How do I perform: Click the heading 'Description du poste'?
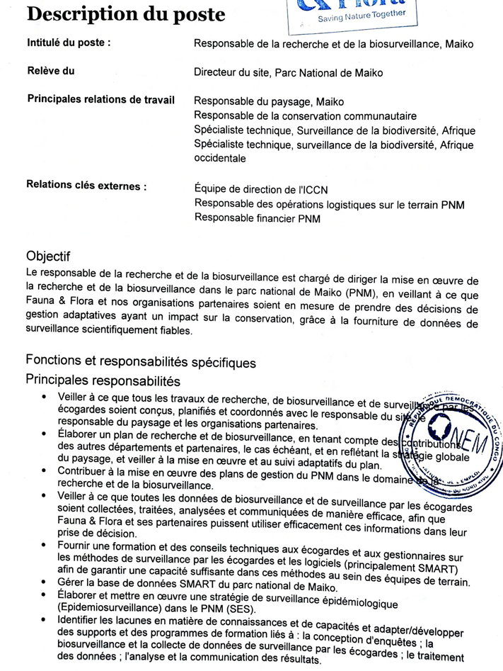(x=127, y=14)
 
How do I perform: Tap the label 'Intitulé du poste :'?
(x=69, y=43)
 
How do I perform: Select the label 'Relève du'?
(x=50, y=71)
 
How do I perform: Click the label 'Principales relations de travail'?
(x=100, y=100)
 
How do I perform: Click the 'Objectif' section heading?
(x=47, y=255)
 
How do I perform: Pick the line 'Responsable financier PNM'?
(x=257, y=218)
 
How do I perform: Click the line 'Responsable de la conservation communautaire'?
(x=305, y=115)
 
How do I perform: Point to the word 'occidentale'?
(x=220, y=159)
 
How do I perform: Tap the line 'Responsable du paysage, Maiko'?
(x=269, y=101)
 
